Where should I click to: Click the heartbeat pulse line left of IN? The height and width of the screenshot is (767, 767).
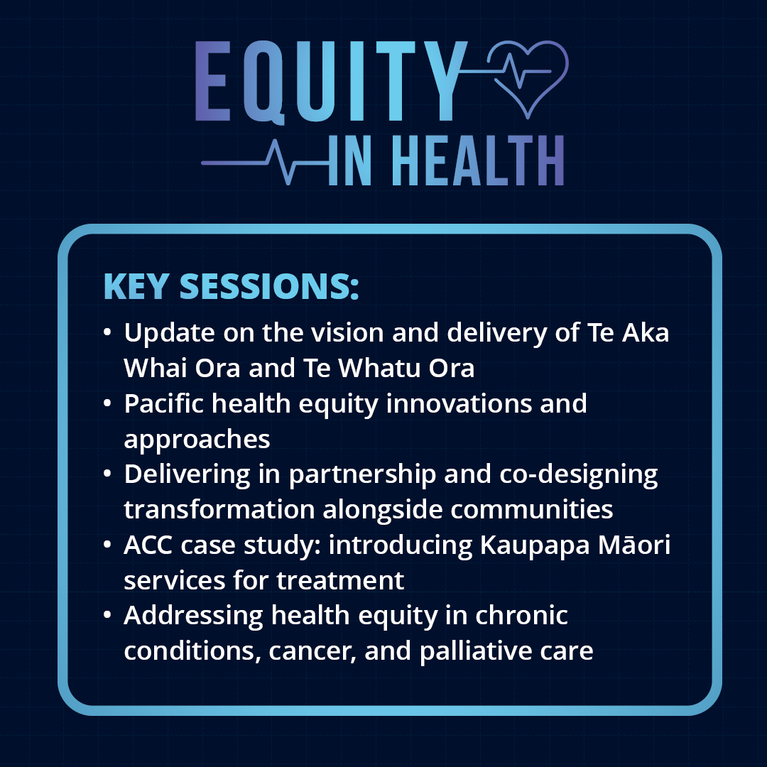click(x=263, y=163)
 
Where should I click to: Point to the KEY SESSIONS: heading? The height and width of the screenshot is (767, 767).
click(x=232, y=285)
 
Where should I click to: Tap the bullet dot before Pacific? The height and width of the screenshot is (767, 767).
click(x=107, y=403)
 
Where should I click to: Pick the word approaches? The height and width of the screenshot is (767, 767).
click(x=197, y=439)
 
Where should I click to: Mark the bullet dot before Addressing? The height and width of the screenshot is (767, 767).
click(x=107, y=615)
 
